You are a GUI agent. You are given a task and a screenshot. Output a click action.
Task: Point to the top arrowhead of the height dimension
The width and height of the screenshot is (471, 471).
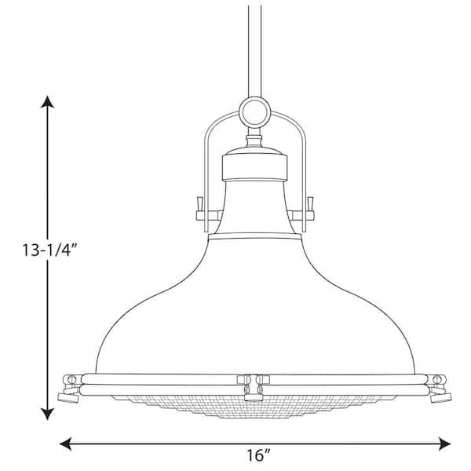49,100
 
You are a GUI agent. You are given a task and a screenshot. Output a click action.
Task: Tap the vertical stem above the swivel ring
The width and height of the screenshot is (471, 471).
256,47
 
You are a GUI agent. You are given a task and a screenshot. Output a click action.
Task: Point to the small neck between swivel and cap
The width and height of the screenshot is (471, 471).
255,140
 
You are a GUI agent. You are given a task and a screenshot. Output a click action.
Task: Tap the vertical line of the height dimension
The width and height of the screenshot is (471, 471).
49,330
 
